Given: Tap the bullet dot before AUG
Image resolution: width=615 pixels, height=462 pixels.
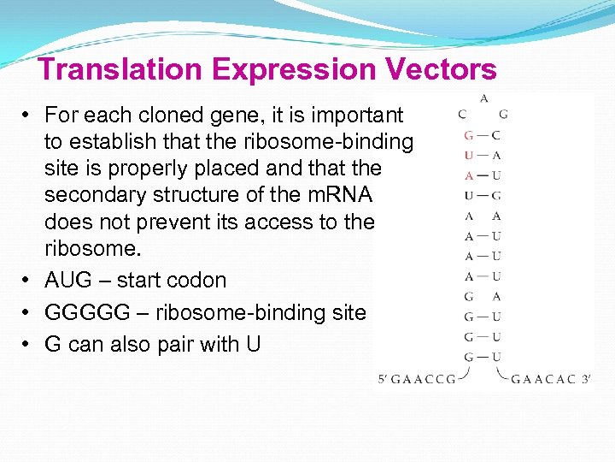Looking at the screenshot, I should (28, 280).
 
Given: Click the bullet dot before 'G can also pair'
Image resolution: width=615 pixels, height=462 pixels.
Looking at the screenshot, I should (28, 345).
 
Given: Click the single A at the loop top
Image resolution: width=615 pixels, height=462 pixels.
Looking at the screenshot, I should (484, 98).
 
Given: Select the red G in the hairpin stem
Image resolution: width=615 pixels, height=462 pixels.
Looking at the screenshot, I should (469, 135).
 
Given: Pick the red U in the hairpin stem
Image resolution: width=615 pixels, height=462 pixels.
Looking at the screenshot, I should (469, 156).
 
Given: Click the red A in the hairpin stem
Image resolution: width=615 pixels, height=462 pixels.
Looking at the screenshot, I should (469, 175).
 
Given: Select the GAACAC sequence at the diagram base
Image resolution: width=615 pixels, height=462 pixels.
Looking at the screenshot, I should (543, 378).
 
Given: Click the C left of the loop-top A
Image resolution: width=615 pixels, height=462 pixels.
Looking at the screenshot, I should (462, 114).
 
